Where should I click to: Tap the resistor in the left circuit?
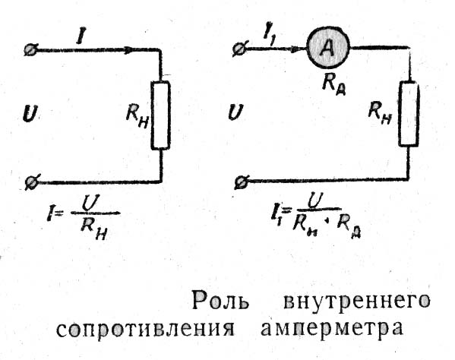coord(160,115)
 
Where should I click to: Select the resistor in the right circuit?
coord(409,114)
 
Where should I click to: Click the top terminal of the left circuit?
coord(30,50)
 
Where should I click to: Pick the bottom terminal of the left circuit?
coord(31,182)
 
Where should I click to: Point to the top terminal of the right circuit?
coord(240,49)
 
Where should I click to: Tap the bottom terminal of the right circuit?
coord(242,182)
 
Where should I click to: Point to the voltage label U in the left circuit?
coord(30,114)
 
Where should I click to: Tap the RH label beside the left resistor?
coord(137,117)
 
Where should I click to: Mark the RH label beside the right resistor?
coord(380,113)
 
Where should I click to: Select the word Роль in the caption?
coord(220,301)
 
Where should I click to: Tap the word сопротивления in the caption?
coord(145,329)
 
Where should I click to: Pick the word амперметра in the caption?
coord(333,330)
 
